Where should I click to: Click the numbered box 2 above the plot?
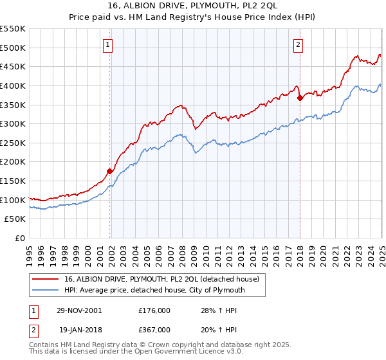coord(299,44)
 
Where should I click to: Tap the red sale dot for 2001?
coord(110,170)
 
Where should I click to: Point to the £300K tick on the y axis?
coord(13,123)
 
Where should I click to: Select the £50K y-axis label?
coord(15,219)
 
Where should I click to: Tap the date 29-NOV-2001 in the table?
coord(78,310)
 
